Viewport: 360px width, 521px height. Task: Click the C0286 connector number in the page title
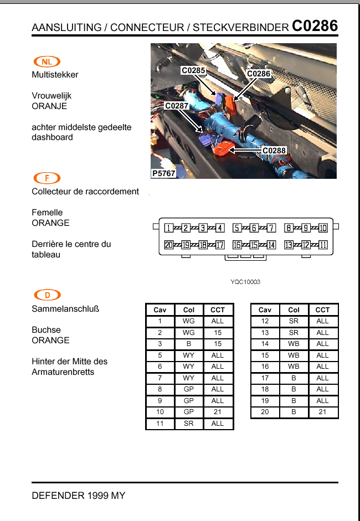pos(315,25)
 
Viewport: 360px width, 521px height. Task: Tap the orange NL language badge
pos(47,61)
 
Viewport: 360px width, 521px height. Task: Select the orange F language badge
pos(47,178)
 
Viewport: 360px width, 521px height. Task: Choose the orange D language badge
pos(47,295)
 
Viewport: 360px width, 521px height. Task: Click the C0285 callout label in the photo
pos(193,70)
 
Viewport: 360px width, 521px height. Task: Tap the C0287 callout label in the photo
pos(177,105)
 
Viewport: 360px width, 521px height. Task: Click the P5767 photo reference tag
pos(164,173)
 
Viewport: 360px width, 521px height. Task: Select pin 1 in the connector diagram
pos(168,228)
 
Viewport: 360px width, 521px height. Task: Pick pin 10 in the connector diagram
pos(323,228)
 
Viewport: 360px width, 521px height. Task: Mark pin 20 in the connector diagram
pos(168,245)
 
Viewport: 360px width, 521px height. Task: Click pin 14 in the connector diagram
pos(271,245)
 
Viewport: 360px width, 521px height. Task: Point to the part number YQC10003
pos(245,282)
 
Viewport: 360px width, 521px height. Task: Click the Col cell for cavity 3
pos(188,344)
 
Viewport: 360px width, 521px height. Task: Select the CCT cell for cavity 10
pos(218,412)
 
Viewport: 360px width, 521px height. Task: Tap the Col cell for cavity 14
pos(294,344)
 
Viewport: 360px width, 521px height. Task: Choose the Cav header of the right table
pos(265,310)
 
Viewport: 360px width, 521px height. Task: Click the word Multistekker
pos(55,75)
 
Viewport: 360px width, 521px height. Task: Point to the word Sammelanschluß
pos(65,308)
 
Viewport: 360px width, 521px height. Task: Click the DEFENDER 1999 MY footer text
pos(79,496)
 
